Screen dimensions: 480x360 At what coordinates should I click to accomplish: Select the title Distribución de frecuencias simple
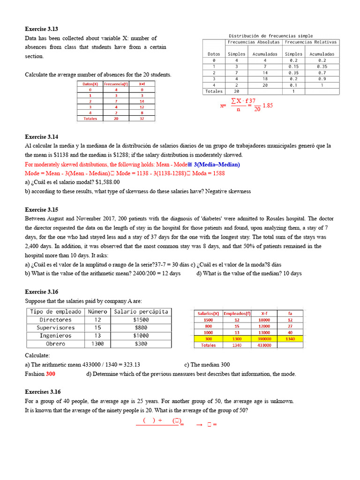click(270, 36)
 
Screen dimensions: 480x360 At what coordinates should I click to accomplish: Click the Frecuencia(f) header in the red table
click(115, 84)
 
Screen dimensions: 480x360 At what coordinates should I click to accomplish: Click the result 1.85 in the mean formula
click(268, 105)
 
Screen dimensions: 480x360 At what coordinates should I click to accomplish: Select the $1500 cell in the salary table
click(141, 320)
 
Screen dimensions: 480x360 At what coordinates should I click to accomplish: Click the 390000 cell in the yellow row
click(264, 338)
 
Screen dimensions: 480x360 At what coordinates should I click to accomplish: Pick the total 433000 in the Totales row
click(264, 345)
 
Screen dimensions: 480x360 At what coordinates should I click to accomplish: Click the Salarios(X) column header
click(208, 313)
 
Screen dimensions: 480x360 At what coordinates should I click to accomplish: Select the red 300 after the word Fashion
click(51, 374)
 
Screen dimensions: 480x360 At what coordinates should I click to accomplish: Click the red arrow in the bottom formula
click(199, 425)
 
